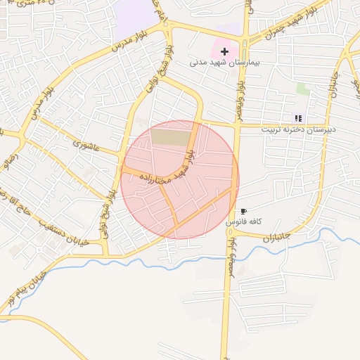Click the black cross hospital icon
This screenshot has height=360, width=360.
[224, 51]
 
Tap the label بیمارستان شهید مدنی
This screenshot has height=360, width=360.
[224, 63]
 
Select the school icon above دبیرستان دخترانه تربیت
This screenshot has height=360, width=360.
[298, 118]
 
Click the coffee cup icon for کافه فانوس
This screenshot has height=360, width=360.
[243, 211]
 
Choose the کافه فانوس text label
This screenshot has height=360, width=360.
[243, 221]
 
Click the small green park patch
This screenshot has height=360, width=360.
[303, 89]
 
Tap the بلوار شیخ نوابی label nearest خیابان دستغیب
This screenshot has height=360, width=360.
[108, 211]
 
